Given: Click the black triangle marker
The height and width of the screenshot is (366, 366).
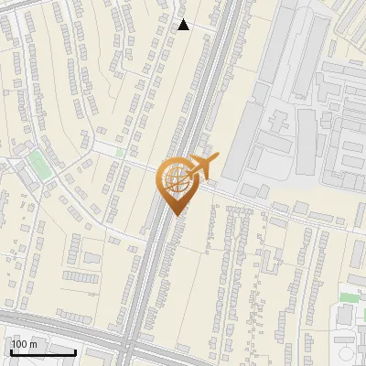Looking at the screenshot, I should [184, 25].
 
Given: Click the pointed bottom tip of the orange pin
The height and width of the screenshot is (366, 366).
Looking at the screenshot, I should [174, 214].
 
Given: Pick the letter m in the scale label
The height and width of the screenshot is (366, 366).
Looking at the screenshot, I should [33, 344].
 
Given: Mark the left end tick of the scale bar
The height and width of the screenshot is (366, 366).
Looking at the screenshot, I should [11, 351].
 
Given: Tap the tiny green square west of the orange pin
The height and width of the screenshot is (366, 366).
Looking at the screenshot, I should [120, 153].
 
